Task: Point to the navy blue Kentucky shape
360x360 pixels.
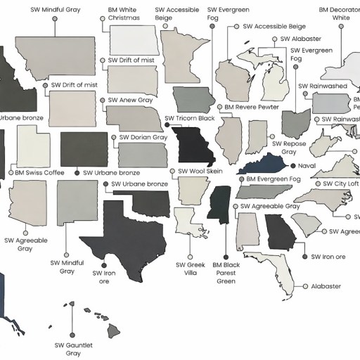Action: coord(264,166)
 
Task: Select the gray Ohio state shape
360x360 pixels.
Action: coord(295,122)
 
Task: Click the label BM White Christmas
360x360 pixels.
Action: coord(124,14)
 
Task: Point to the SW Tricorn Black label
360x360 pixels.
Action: coord(189,118)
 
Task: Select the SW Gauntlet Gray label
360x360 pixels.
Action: coord(74,349)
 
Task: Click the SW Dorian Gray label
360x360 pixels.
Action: coord(143,138)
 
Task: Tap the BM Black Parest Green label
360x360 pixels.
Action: coord(226,274)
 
